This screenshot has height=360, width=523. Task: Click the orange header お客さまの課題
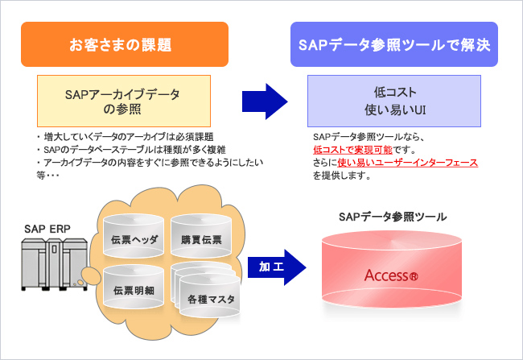[125, 43]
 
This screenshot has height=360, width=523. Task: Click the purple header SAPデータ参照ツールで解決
[393, 43]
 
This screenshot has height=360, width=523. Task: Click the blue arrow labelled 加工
[272, 265]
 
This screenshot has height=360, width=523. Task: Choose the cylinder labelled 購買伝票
[201, 239]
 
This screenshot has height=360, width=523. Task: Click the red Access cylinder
[392, 274]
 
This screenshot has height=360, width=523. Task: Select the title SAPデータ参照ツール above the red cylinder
[392, 217]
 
